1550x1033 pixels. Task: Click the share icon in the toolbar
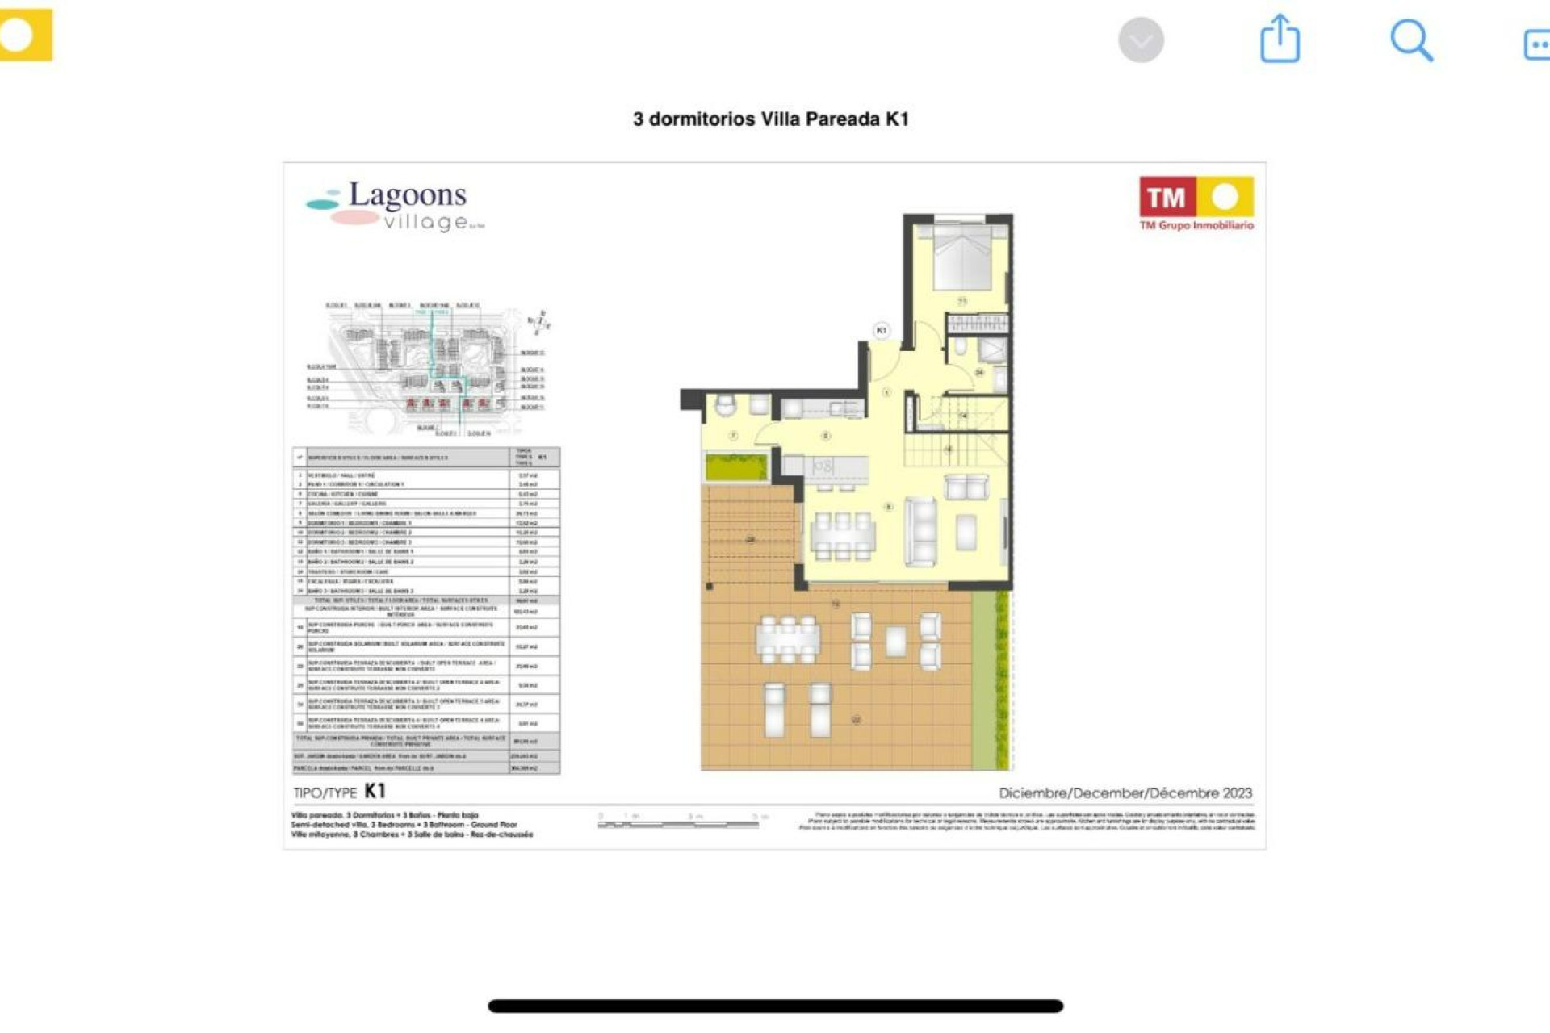(1280, 39)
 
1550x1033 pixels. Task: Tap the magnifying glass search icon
(1410, 40)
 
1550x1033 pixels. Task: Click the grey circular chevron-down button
(1141, 40)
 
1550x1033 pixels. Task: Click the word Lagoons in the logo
(407, 194)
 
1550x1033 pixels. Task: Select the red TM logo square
(1167, 197)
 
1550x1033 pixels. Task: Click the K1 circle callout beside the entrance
(881, 330)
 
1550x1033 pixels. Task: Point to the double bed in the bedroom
(961, 257)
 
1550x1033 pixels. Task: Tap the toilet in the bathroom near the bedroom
(961, 347)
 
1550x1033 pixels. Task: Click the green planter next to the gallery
(736, 466)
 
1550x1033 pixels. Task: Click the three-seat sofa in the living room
(921, 531)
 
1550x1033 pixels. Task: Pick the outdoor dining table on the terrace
(787, 639)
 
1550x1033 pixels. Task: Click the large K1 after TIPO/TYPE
(375, 791)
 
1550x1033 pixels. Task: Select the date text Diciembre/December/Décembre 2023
(1125, 793)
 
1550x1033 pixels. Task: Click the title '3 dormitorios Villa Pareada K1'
(770, 119)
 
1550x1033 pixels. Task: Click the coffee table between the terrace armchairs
(895, 641)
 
